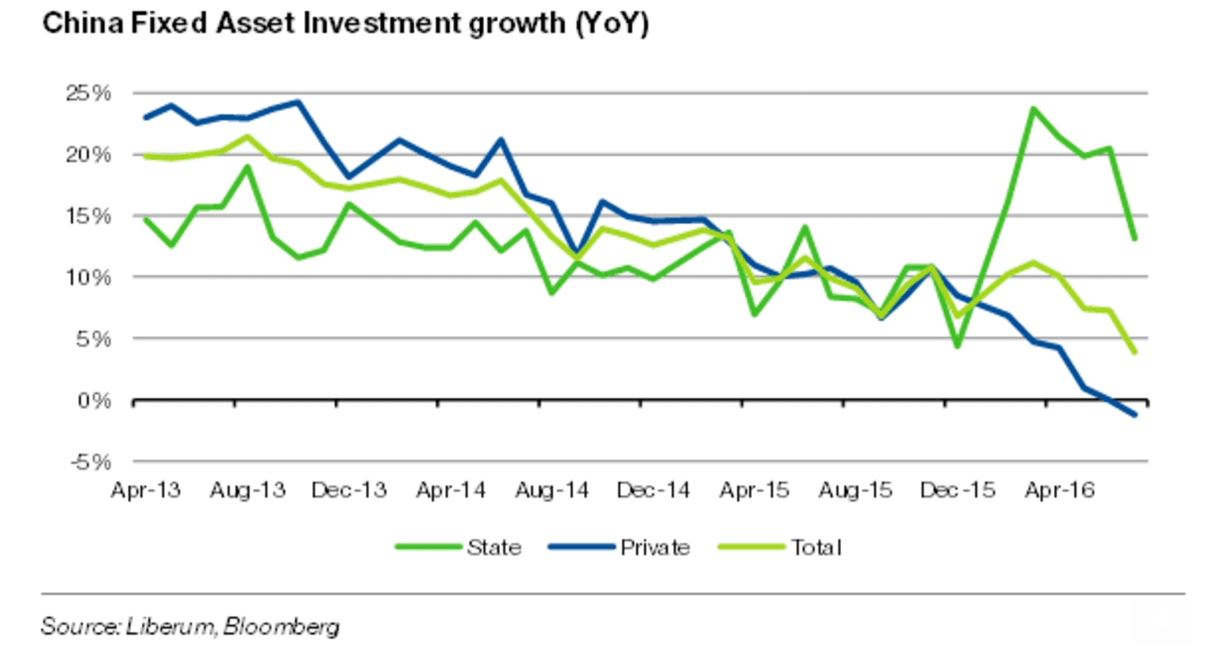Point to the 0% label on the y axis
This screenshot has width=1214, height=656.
coord(94,400)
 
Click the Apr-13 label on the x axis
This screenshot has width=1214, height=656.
coord(145,490)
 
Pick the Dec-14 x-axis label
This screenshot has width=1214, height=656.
coord(653,490)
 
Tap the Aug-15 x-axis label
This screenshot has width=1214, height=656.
coord(855,490)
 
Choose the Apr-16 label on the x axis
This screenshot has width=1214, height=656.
coord(1059,490)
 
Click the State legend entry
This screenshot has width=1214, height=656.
coord(494,547)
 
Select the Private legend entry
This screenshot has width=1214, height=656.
coord(655,547)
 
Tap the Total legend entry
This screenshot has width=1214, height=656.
coord(816,547)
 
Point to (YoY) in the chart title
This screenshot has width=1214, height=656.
coord(612,23)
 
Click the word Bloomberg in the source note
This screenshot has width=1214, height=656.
coord(281,627)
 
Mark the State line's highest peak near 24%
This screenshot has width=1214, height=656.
coord(1033,108)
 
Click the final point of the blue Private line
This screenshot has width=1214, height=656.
coord(1135,415)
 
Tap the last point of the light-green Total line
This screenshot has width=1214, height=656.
coord(1135,352)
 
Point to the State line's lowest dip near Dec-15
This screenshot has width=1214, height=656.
coord(958,346)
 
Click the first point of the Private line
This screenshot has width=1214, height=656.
coord(145,118)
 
